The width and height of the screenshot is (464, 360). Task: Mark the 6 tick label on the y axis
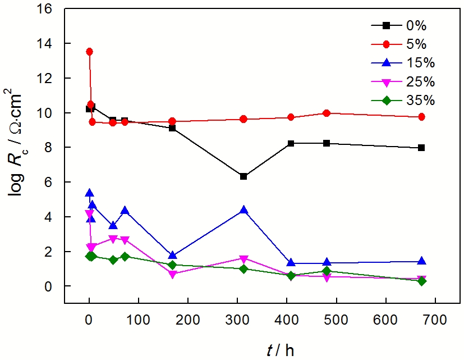click(x=51, y=182)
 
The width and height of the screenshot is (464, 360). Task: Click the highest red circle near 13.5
click(x=89, y=52)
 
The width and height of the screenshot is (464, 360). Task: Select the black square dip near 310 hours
click(x=244, y=176)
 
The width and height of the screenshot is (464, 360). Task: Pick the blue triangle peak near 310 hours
click(x=244, y=210)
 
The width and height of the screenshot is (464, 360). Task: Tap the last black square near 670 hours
click(x=421, y=148)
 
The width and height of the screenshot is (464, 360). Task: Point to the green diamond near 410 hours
click(x=291, y=275)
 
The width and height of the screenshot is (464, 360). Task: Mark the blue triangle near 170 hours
click(x=172, y=256)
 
